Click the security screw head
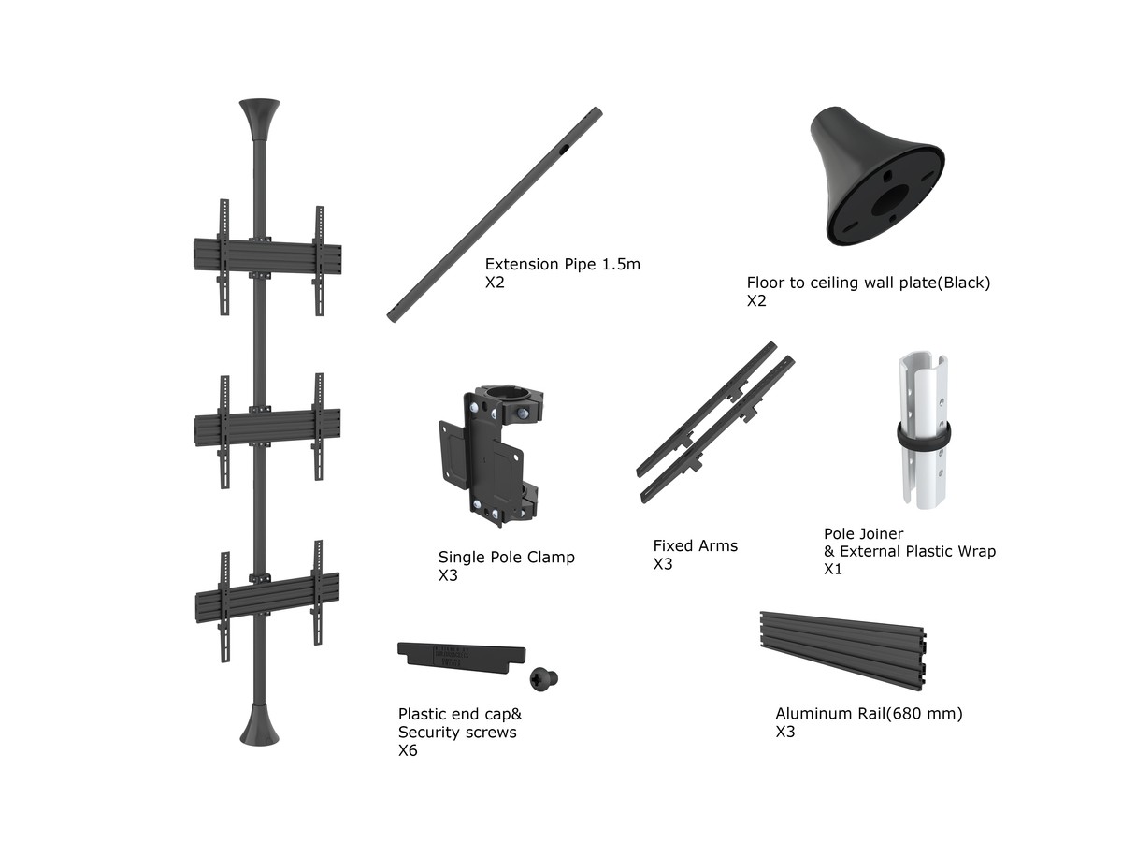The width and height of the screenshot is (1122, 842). (x=543, y=678)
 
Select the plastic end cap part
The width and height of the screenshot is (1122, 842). (x=461, y=658)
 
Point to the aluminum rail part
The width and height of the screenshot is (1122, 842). (x=843, y=650)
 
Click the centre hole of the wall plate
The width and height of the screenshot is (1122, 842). (x=889, y=200)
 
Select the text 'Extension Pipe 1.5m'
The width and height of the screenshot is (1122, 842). (x=562, y=264)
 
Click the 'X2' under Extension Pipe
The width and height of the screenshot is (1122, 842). (x=495, y=283)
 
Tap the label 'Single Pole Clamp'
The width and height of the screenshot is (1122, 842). (x=506, y=557)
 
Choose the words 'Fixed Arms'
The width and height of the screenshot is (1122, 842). (x=696, y=545)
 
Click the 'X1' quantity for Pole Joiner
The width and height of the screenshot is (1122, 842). (x=833, y=569)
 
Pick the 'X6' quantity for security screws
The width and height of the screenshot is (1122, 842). (x=408, y=750)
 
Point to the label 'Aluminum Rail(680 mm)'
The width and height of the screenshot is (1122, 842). (x=869, y=713)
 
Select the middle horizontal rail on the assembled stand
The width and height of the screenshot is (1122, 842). (x=267, y=427)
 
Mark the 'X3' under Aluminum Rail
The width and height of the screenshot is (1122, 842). (x=785, y=732)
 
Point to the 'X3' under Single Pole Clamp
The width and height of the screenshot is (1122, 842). (x=448, y=575)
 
